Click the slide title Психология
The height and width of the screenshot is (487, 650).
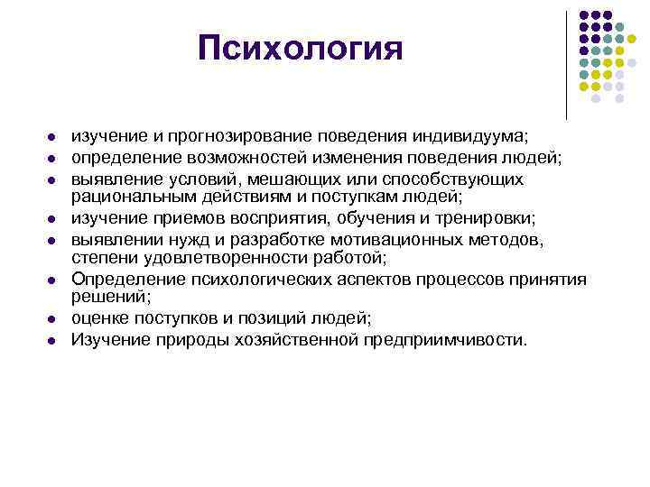300,48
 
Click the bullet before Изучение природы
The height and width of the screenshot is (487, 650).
53,340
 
